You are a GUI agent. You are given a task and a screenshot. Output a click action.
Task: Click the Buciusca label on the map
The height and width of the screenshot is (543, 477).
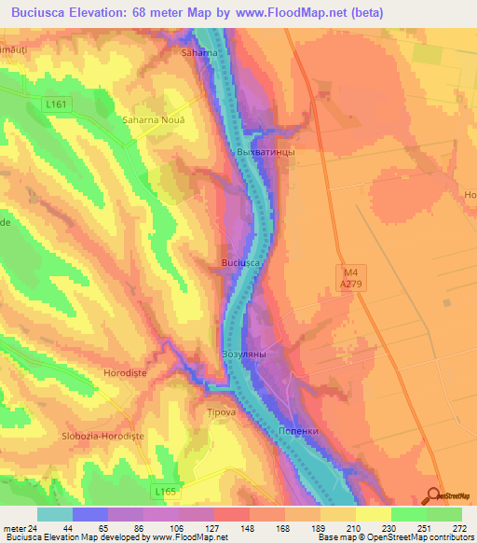tap(240, 263)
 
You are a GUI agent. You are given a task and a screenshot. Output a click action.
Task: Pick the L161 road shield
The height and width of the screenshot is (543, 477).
tap(58, 106)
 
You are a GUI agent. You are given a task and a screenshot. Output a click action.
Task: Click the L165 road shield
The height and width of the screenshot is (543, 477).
tap(165, 489)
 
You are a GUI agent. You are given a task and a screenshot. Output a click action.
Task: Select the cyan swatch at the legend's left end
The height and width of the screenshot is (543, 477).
tap(55, 513)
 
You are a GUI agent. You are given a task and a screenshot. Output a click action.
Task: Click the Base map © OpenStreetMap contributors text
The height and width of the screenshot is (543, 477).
tap(394, 537)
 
